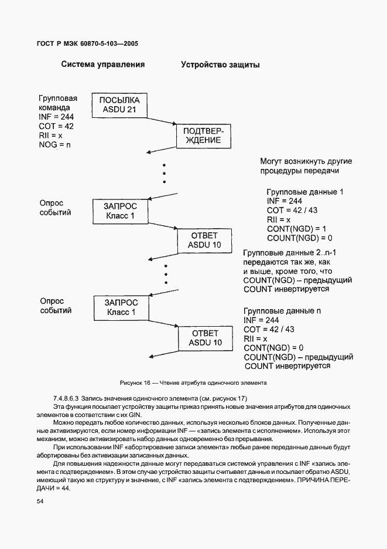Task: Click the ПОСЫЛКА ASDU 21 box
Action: pyautogui.click(x=119, y=105)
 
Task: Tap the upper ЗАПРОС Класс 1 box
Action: pyautogui.click(x=119, y=211)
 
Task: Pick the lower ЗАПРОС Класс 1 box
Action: pyautogui.click(x=120, y=307)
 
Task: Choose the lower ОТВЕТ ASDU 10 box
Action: pyautogui.click(x=204, y=337)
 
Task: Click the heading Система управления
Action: pyautogui.click(x=103, y=65)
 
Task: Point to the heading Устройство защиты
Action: pyautogui.click(x=220, y=65)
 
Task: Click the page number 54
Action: pyautogui.click(x=40, y=501)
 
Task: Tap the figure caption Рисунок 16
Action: pyautogui.click(x=193, y=383)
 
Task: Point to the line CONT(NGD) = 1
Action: pyautogui.click(x=296, y=228)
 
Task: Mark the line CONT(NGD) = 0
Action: pyautogui.click(x=273, y=348)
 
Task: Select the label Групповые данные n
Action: pyautogui.click(x=282, y=310)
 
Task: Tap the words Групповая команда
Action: pyautogui.click(x=58, y=103)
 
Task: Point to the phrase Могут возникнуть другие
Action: pyautogui.click(x=306, y=161)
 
